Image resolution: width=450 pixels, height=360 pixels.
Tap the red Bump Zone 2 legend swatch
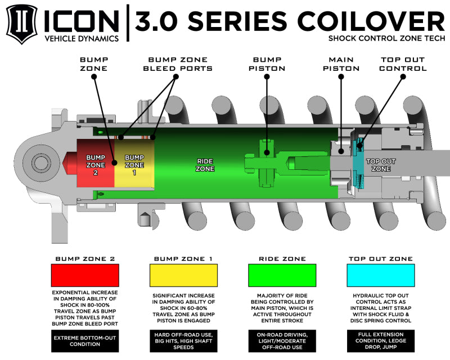[85, 276]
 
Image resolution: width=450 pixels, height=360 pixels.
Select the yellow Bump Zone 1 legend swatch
[183, 276]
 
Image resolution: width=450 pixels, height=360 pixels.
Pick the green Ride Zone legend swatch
[281, 276]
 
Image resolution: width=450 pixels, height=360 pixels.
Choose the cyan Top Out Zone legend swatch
[381, 276]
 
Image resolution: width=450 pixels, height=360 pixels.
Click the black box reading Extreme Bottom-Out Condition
[85, 341]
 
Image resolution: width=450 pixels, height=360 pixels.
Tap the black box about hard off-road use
[183, 341]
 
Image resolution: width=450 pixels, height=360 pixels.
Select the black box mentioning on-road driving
[281, 341]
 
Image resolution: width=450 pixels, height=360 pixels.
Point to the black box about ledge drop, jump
[381, 341]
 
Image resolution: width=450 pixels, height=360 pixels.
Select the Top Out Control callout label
[403, 64]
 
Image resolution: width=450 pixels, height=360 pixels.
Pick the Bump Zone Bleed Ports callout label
[180, 64]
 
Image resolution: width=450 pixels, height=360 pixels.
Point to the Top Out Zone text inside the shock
[381, 165]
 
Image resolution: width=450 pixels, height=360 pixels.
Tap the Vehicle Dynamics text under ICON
[82, 38]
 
